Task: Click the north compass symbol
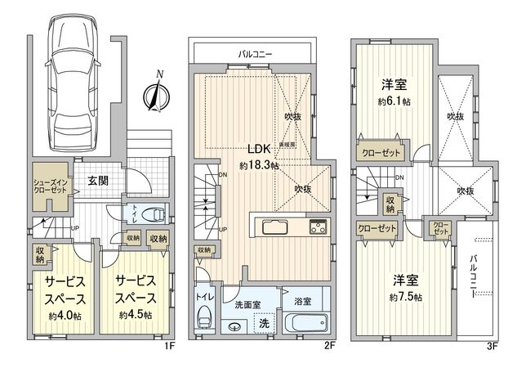click(153, 93)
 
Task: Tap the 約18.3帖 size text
click(259, 164)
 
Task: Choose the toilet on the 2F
click(204, 319)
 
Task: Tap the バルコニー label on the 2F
click(256, 53)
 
